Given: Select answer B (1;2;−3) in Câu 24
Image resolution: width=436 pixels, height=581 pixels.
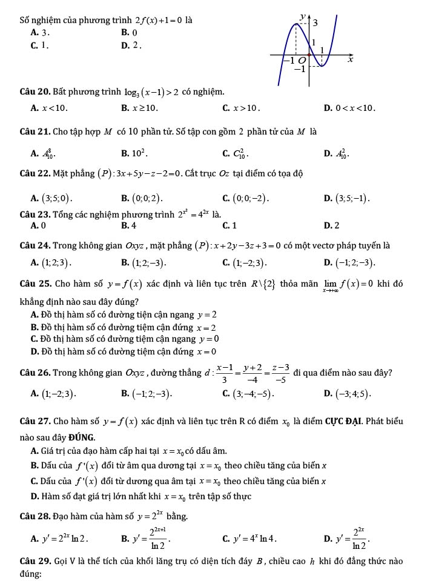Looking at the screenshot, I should pos(143,263).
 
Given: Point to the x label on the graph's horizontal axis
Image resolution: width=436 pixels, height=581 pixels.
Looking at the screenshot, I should pos(349,60).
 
